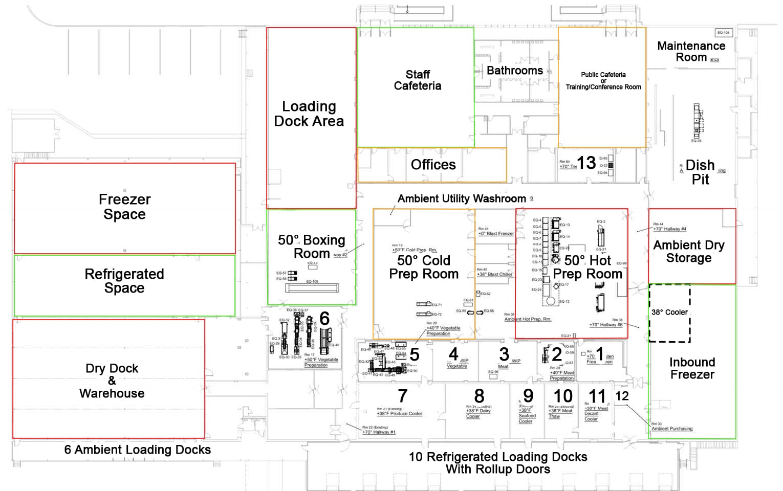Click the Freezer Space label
pyautogui.click(x=124, y=207)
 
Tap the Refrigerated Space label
pyautogui.click(x=124, y=281)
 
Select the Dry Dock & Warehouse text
pyautogui.click(x=112, y=381)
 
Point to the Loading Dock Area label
pyautogui.click(x=309, y=114)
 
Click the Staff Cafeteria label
pyautogui.click(x=418, y=80)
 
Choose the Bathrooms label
pyautogui.click(x=514, y=71)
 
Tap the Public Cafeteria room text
pyautogui.click(x=603, y=81)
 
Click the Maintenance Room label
pyautogui.click(x=691, y=52)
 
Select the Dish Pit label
pyautogui.click(x=700, y=172)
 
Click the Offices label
pyautogui.click(x=433, y=165)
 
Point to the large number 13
pyautogui.click(x=586, y=163)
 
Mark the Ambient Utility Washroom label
pyautogui.click(x=462, y=198)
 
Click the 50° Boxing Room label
pyautogui.click(x=311, y=247)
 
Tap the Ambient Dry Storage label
pyautogui.click(x=689, y=251)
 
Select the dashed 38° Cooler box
pyautogui.click(x=669, y=313)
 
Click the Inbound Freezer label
pyautogui.click(x=692, y=368)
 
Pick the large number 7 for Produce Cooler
pyautogui.click(x=403, y=396)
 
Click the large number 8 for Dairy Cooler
pyautogui.click(x=479, y=396)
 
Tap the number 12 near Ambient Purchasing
pyautogui.click(x=622, y=396)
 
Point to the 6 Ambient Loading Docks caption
pyautogui.click(x=137, y=450)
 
